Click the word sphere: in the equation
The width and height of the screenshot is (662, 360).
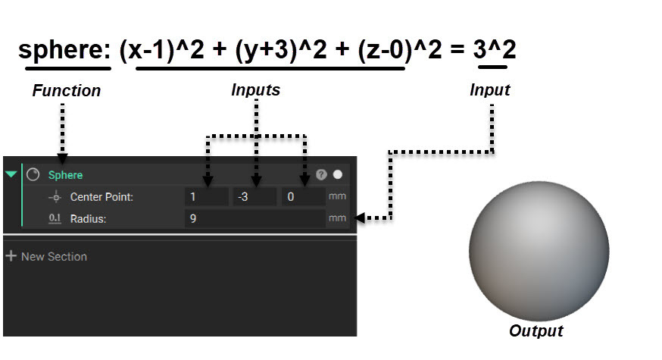click(x=64, y=51)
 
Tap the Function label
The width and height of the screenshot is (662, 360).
click(x=67, y=90)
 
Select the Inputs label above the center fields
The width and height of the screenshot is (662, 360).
click(x=256, y=89)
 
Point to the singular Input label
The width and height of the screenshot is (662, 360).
click(x=490, y=89)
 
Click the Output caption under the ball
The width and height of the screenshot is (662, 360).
click(x=536, y=330)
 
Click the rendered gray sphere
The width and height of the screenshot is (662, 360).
click(x=539, y=251)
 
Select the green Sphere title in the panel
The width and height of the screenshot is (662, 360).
click(x=65, y=175)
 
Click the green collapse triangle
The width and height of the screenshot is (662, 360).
click(x=11, y=174)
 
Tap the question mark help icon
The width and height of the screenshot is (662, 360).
click(x=321, y=174)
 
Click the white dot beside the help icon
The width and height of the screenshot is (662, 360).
click(x=338, y=174)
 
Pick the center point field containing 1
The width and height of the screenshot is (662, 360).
click(x=207, y=196)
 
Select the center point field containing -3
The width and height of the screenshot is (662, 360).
click(x=254, y=196)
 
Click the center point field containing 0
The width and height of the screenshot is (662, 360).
click(x=303, y=196)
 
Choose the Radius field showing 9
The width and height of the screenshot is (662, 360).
click(x=255, y=218)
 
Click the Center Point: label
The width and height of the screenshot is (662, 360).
click(x=101, y=197)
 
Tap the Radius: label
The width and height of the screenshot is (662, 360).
click(x=88, y=219)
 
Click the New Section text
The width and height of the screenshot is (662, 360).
click(x=54, y=256)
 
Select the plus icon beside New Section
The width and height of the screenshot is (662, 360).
click(x=11, y=255)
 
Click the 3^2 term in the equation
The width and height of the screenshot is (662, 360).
click(x=495, y=49)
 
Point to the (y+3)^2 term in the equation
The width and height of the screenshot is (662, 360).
click(x=281, y=50)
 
